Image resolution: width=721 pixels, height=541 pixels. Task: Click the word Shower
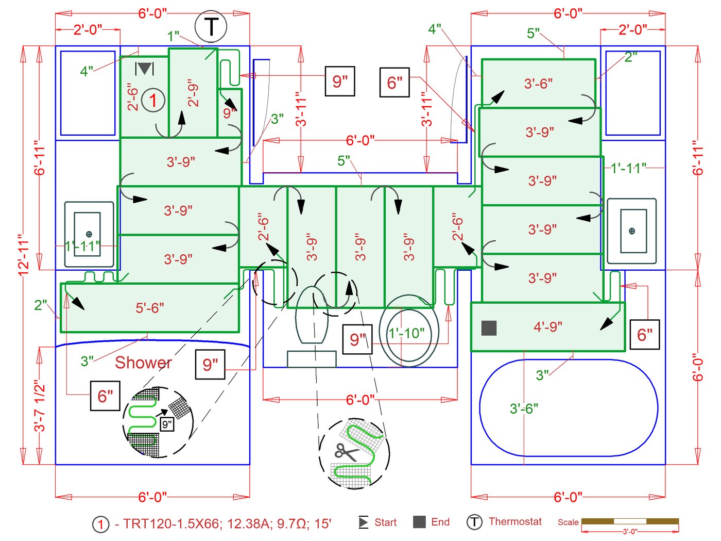click(143, 363)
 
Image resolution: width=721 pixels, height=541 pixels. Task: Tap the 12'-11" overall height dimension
click(24, 255)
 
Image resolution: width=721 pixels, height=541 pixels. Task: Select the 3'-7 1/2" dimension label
click(40, 406)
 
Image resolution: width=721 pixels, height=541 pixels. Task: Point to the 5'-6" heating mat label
click(150, 308)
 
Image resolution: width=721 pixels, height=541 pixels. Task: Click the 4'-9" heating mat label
click(548, 326)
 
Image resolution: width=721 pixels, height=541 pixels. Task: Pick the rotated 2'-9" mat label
click(193, 93)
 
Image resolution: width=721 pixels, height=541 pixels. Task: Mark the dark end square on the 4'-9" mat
click(489, 328)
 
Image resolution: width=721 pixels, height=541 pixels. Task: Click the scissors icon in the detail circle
click(346, 452)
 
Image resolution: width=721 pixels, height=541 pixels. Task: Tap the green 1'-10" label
click(406, 333)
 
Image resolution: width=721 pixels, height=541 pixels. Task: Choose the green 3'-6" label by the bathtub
click(524, 408)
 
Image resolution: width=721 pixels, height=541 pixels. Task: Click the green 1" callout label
click(173, 36)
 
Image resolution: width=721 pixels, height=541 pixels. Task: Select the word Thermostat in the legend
click(515, 521)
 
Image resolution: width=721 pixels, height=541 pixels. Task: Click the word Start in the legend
click(385, 522)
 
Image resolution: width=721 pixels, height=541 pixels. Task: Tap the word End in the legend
click(440, 522)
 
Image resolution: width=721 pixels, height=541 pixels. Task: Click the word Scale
click(568, 522)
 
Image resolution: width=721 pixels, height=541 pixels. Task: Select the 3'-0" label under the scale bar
click(629, 532)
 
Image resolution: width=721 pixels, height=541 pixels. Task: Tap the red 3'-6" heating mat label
click(538, 84)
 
